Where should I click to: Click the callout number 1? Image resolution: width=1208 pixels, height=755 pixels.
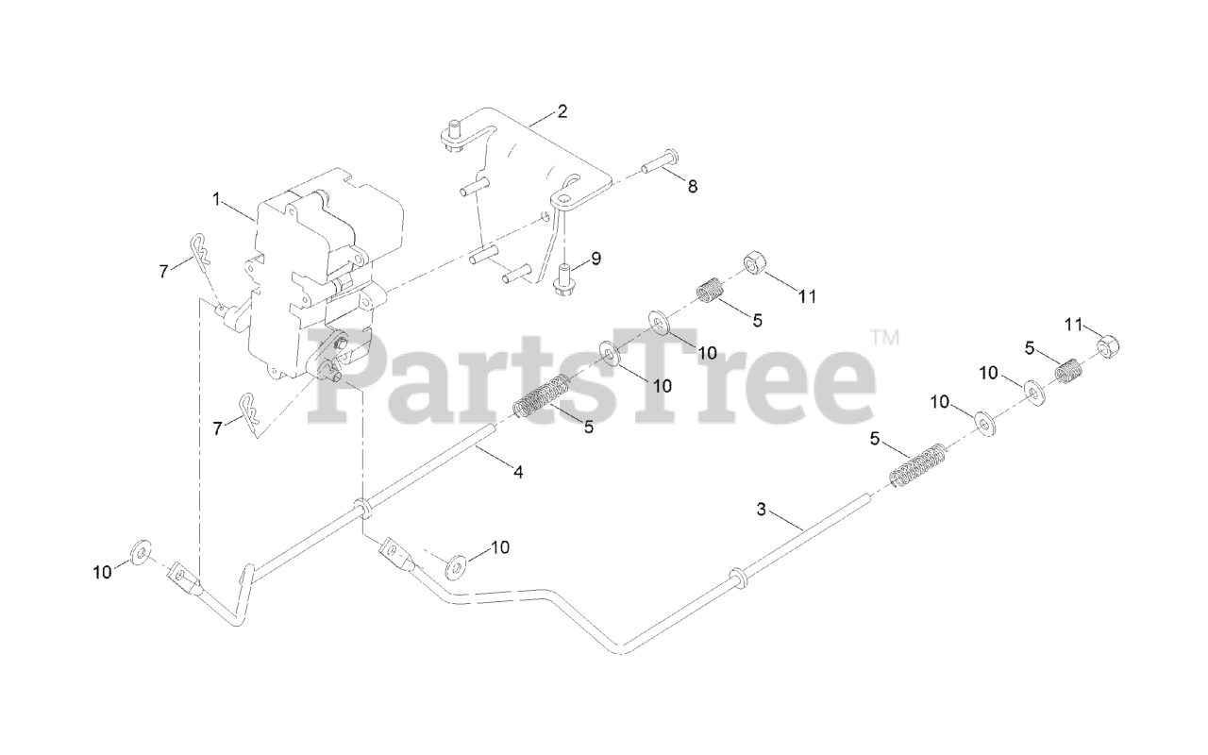(x=216, y=199)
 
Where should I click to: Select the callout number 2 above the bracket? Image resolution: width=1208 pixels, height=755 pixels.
(x=562, y=111)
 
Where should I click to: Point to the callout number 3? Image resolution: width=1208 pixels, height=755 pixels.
(x=762, y=510)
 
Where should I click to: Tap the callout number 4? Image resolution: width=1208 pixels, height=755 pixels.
(x=517, y=472)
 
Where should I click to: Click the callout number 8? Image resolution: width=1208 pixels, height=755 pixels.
(x=693, y=187)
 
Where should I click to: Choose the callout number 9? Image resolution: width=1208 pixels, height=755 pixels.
(x=595, y=258)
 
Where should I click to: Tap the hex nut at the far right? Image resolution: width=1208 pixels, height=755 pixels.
(x=1110, y=347)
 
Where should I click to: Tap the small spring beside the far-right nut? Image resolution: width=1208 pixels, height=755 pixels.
(x=1067, y=370)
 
